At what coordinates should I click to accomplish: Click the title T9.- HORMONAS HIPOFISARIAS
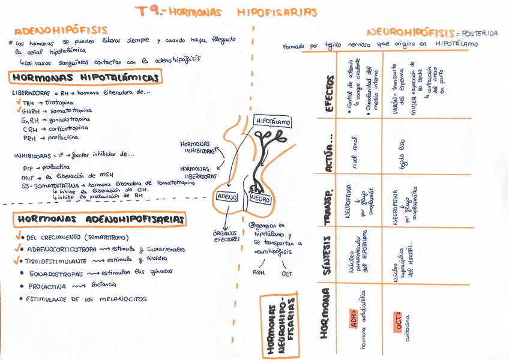226,11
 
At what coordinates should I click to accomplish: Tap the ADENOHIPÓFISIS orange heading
61,30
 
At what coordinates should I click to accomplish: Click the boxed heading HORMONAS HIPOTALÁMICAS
85,78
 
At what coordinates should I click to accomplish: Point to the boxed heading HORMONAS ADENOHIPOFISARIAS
100,220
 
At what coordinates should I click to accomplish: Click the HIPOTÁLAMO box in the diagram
273,121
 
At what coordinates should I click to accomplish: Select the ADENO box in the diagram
227,196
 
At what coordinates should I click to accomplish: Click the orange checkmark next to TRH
19,103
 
